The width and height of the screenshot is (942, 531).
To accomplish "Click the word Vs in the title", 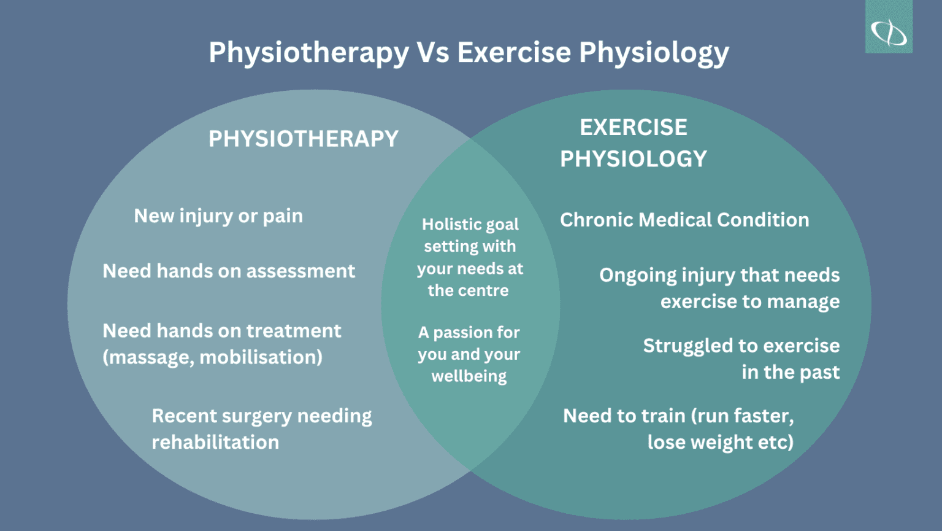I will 433,52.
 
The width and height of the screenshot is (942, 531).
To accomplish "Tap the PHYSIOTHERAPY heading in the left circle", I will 304,139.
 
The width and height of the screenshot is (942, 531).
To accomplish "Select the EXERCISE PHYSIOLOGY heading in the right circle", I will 634,143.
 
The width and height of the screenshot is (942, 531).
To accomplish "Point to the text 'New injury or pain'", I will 218,216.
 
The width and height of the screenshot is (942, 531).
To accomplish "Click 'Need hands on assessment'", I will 229,271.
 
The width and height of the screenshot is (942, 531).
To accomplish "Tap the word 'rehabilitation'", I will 215,442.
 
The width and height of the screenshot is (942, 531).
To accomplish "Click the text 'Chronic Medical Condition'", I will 684,220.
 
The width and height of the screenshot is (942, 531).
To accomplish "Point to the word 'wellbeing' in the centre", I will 469,376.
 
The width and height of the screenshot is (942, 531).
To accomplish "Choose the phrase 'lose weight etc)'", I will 721,442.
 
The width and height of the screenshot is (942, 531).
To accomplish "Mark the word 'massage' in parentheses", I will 150,357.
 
